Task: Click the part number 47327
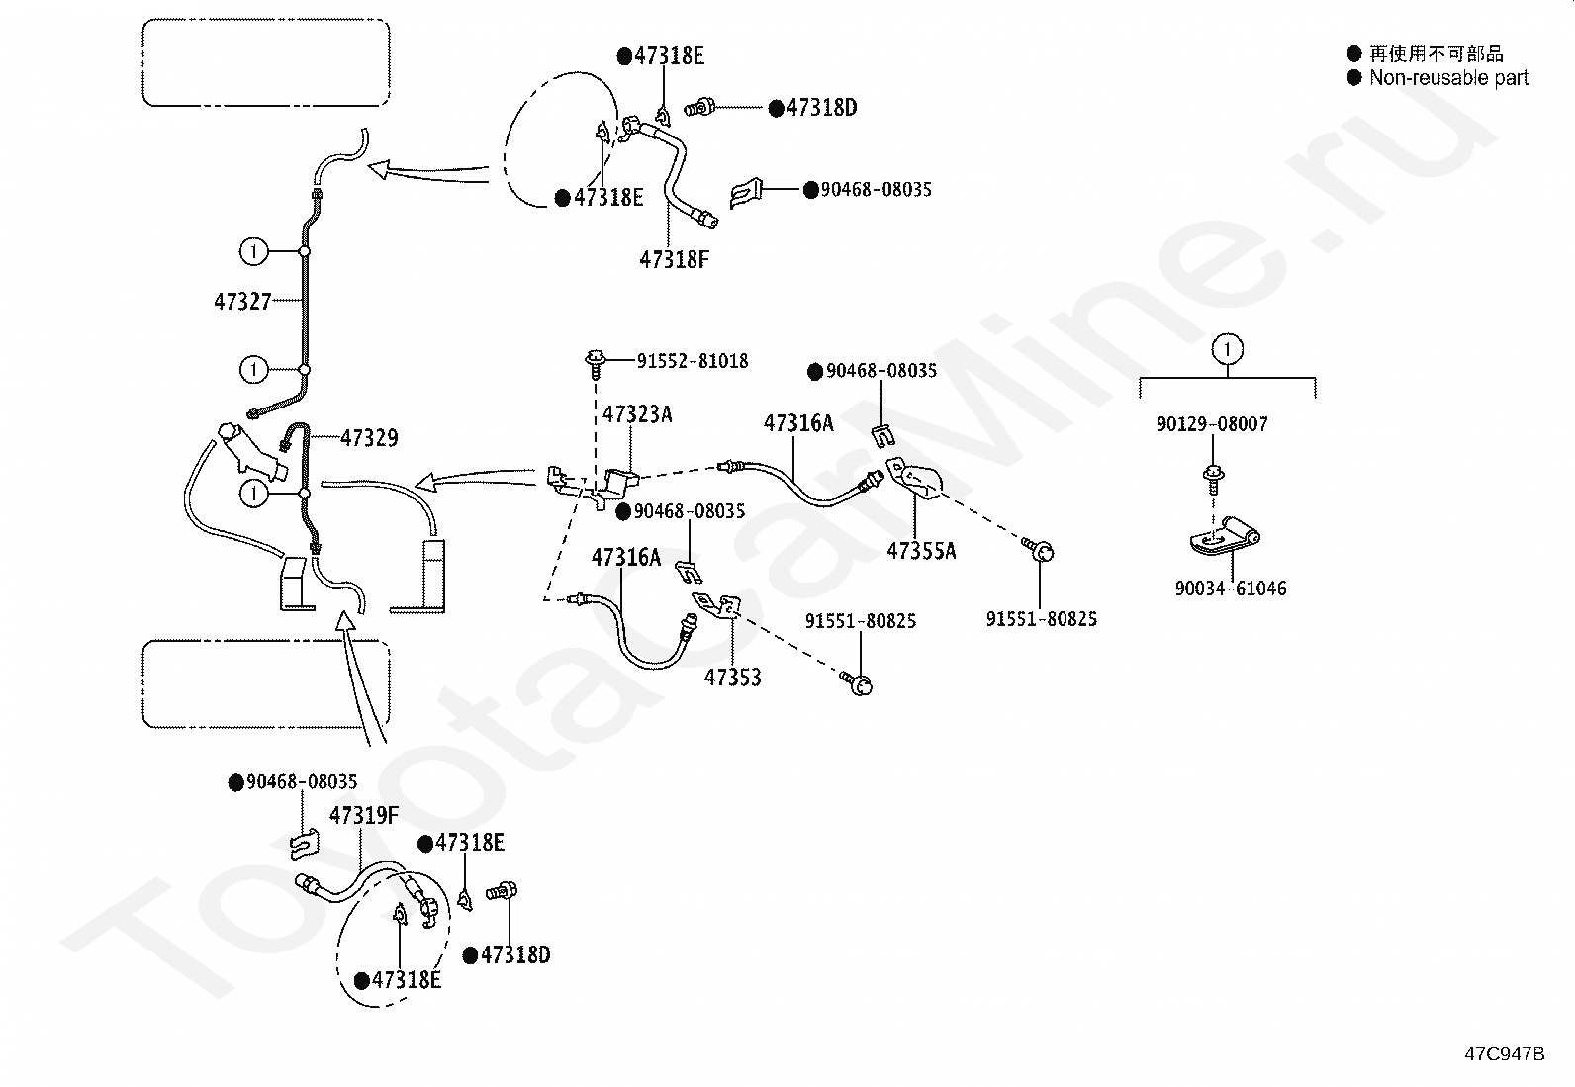click(x=242, y=302)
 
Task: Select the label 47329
click(x=369, y=438)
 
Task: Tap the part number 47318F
click(x=675, y=260)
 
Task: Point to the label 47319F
click(x=364, y=816)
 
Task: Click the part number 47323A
click(x=637, y=414)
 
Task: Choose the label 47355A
click(x=921, y=551)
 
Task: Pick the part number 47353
click(x=733, y=678)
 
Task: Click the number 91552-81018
click(x=693, y=361)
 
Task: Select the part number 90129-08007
click(x=1212, y=424)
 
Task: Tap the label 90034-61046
click(x=1231, y=589)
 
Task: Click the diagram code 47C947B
click(x=1505, y=1054)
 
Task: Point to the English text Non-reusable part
click(x=1448, y=77)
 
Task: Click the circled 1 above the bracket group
click(x=1228, y=349)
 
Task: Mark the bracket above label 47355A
click(x=915, y=479)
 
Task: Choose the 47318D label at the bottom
click(x=507, y=954)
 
